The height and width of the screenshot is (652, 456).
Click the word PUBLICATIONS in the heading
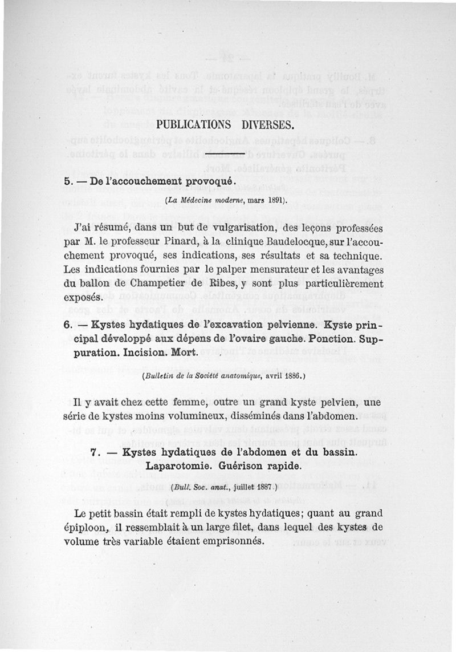[x=193, y=124]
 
